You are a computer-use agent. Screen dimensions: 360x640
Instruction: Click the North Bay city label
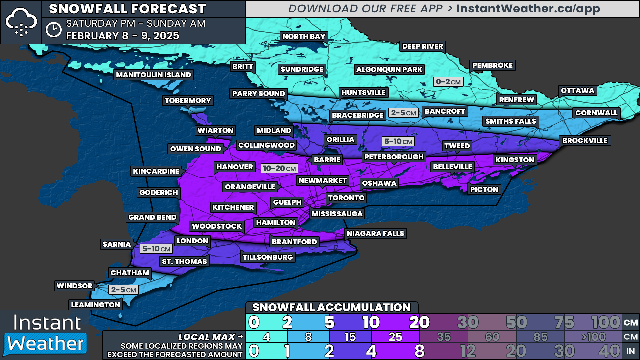pyautogui.click(x=304, y=37)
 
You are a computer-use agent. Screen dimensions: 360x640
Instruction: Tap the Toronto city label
pyautogui.click(x=346, y=198)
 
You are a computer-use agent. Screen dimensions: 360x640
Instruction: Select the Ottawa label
pyautogui.click(x=577, y=91)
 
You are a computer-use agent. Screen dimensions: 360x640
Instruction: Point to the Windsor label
pyautogui.click(x=75, y=286)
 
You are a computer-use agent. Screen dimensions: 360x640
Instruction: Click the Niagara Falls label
pyautogui.click(x=375, y=234)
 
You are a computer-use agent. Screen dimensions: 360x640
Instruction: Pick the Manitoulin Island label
pyautogui.click(x=153, y=75)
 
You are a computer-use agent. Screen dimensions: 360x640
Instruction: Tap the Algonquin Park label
pyautogui.click(x=389, y=70)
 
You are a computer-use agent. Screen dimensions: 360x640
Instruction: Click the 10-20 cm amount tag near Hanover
pyautogui.click(x=279, y=169)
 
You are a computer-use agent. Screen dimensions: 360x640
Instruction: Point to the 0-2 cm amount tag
pyautogui.click(x=448, y=82)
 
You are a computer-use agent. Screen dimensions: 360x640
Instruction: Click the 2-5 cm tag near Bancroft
pyautogui.click(x=403, y=113)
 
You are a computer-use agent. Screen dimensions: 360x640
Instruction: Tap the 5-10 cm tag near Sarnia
pyautogui.click(x=156, y=249)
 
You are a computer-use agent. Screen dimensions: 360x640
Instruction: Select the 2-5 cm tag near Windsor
pyautogui.click(x=123, y=290)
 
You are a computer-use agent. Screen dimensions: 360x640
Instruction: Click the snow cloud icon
pyautogui.click(x=21, y=22)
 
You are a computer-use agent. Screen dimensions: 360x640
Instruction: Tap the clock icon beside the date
pyautogui.click(x=53, y=30)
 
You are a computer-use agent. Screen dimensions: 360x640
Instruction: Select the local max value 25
pyautogui.click(x=395, y=337)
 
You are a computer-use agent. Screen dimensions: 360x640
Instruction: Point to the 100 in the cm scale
pyautogui.click(x=606, y=322)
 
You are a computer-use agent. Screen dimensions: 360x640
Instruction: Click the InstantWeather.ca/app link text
pyautogui.click(x=528, y=9)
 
